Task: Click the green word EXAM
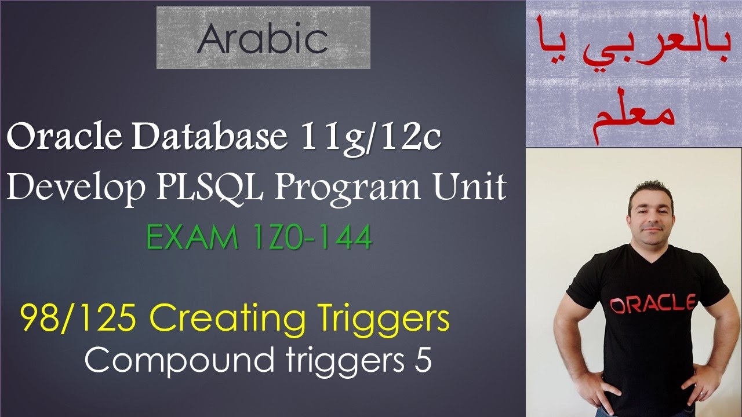pyautogui.click(x=188, y=238)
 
